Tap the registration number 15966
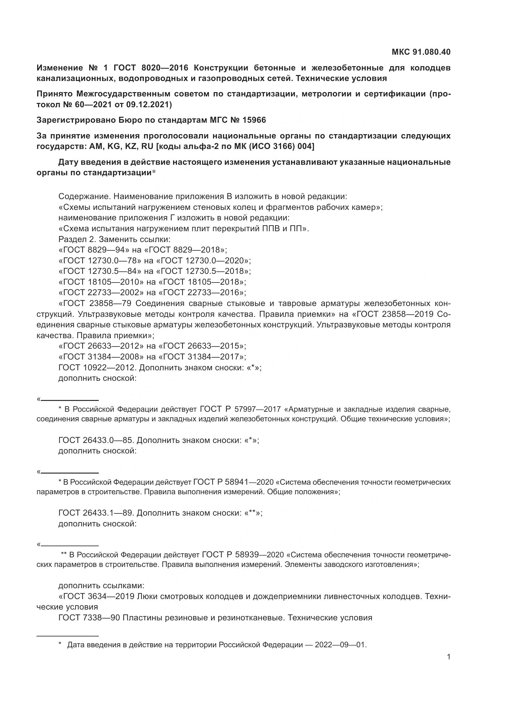click(x=254, y=120)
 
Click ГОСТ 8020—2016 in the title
click(x=151, y=68)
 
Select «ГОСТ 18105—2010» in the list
click(x=101, y=282)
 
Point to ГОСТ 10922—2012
click(x=97, y=368)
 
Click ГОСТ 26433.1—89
click(x=96, y=513)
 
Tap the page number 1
click(x=449, y=657)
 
